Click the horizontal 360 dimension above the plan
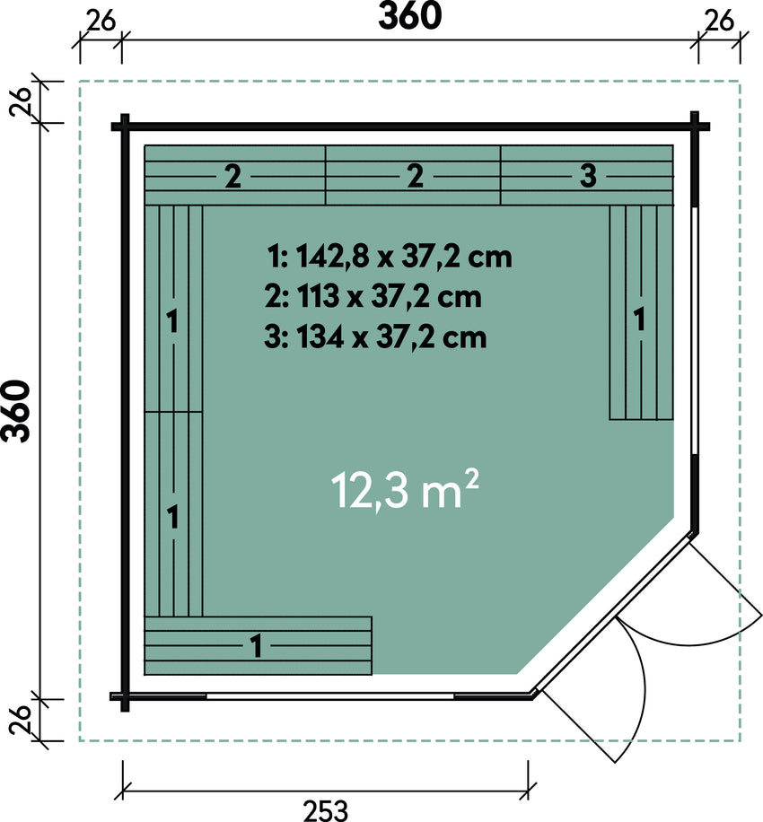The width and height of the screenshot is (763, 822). (409, 16)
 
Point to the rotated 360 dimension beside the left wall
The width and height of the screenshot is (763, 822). (16, 412)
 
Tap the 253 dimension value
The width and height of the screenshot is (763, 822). (325, 810)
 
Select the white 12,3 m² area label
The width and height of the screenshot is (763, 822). (405, 490)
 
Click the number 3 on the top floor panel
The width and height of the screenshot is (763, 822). (588, 176)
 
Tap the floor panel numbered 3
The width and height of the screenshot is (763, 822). (587, 175)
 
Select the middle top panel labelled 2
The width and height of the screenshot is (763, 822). (413, 175)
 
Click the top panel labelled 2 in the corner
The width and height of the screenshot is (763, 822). (235, 175)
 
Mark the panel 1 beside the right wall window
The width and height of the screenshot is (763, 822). (641, 312)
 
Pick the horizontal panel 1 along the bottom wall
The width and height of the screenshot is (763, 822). (258, 645)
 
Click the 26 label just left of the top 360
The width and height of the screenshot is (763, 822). (101, 22)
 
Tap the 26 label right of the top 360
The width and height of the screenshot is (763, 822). (719, 22)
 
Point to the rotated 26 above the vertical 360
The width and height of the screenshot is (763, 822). (20, 102)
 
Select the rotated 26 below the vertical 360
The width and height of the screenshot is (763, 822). (20, 721)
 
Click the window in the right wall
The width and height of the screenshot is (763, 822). (694, 330)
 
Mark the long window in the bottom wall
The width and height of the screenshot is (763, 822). (330, 696)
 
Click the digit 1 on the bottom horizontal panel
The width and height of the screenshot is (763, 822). (257, 646)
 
